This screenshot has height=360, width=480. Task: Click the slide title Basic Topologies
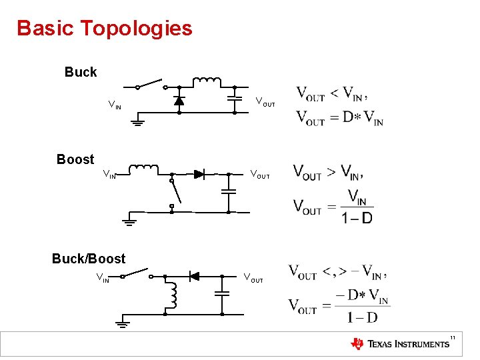click(105, 29)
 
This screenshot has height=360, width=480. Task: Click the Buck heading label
click(81, 72)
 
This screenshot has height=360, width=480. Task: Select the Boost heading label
click(75, 159)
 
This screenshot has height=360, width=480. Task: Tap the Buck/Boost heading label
click(89, 258)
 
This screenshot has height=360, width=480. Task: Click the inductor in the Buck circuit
click(207, 82)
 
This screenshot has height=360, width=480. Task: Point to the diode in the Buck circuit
click(179, 101)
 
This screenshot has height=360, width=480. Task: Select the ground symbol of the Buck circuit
click(137, 121)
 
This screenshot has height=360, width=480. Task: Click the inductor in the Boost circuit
click(143, 169)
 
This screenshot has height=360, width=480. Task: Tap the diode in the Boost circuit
click(199, 174)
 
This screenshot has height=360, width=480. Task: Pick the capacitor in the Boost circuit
click(229, 191)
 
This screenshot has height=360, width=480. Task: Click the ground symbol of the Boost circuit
click(129, 221)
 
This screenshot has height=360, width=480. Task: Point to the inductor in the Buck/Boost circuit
click(173, 295)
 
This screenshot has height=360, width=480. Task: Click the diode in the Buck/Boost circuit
click(194, 276)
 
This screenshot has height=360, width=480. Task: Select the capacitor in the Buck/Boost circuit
click(222, 293)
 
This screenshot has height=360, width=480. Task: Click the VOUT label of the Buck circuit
click(265, 102)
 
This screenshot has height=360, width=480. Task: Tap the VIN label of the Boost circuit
click(109, 175)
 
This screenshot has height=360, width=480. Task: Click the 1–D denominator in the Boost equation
click(357, 218)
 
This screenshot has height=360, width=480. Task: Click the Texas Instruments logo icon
click(358, 344)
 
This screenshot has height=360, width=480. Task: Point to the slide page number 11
click(453, 337)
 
